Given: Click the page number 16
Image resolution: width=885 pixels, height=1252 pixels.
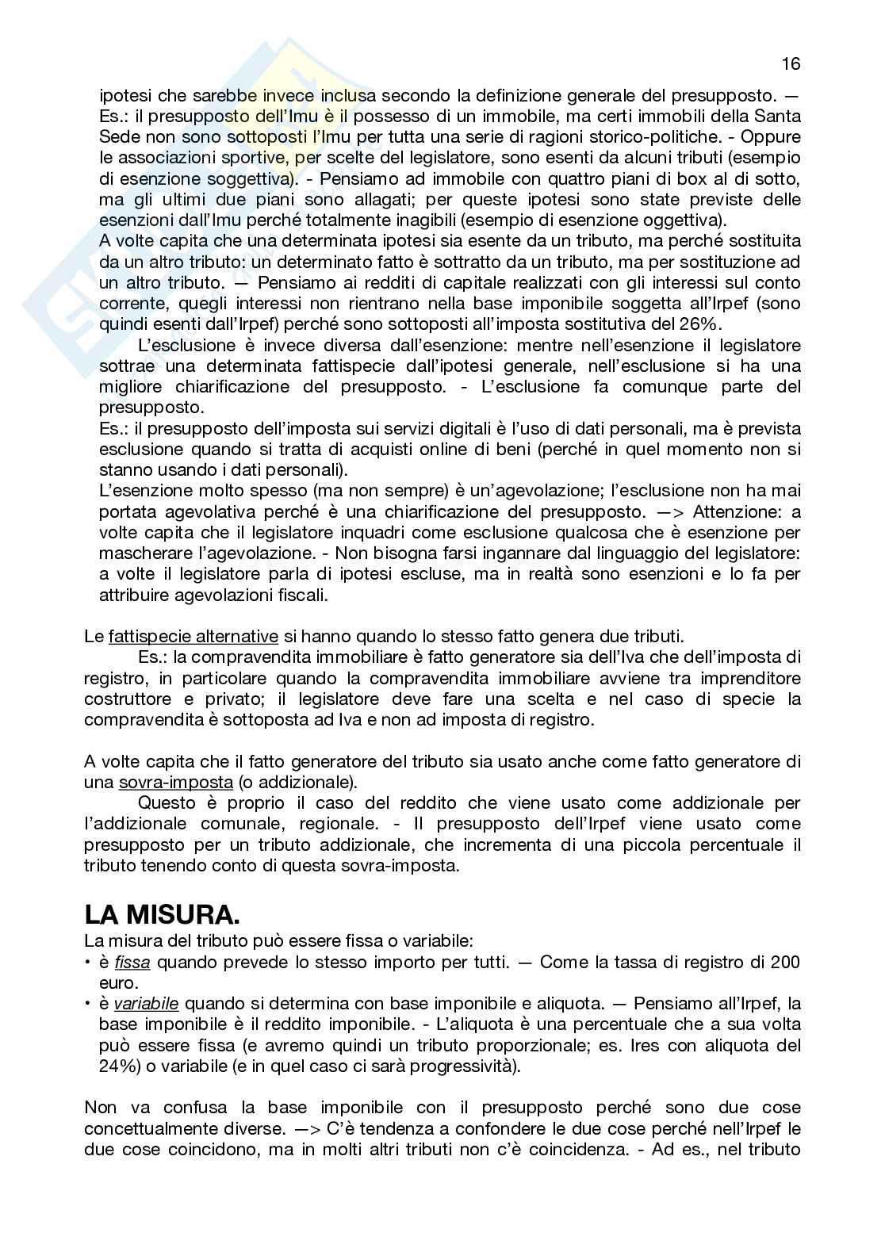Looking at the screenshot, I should tap(791, 63).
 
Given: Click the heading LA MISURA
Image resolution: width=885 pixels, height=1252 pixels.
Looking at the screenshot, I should tap(162, 916).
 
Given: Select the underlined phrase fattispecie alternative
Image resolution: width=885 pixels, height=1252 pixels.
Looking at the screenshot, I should tap(193, 636).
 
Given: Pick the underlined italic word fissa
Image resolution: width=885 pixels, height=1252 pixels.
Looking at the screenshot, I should tap(132, 963).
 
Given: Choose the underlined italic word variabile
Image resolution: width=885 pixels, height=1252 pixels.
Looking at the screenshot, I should tap(146, 1004).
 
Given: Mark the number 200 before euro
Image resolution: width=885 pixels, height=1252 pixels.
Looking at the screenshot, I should tap(785, 963).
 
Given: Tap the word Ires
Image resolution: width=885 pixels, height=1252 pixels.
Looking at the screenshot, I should tap(646, 1045).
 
